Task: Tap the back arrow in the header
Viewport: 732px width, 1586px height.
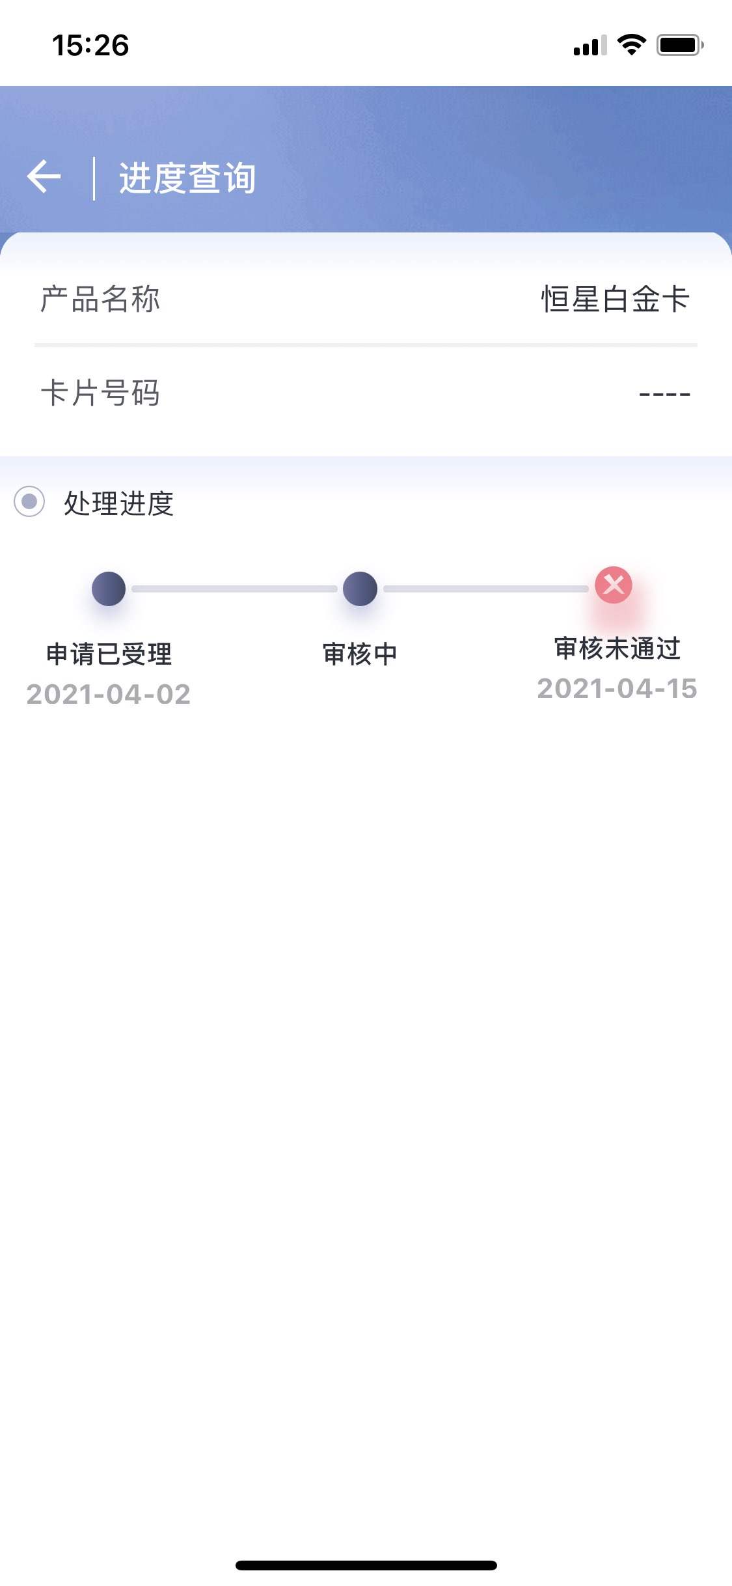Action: pyautogui.click(x=44, y=176)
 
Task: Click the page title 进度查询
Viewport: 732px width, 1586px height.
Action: pyautogui.click(x=187, y=178)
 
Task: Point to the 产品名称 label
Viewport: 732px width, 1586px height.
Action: pyautogui.click(x=100, y=299)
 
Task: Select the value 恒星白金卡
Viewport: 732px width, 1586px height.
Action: pyautogui.click(x=616, y=299)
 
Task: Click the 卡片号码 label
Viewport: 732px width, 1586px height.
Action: pyautogui.click(x=100, y=393)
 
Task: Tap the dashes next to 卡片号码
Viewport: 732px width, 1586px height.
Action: pyautogui.click(x=664, y=394)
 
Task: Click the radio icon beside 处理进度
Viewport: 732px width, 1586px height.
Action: pyautogui.click(x=29, y=501)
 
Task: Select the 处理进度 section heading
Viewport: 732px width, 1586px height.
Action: pyautogui.click(x=118, y=503)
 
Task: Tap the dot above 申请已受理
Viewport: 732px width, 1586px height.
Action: pyautogui.click(x=109, y=589)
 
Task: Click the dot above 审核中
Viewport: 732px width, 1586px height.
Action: pyautogui.click(x=360, y=589)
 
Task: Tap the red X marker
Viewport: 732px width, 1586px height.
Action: pyautogui.click(x=614, y=585)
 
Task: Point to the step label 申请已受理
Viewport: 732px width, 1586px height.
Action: pyautogui.click(x=109, y=654)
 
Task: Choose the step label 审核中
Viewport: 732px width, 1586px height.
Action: pyautogui.click(x=360, y=654)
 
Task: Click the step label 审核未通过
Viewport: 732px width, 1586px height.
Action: pyautogui.click(x=617, y=648)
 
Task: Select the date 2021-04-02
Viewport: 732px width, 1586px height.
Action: pyautogui.click(x=109, y=694)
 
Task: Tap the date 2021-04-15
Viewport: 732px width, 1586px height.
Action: pyautogui.click(x=617, y=688)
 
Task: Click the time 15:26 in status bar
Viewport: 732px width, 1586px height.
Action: pyautogui.click(x=90, y=45)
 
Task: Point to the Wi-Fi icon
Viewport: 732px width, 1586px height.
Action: pyautogui.click(x=631, y=44)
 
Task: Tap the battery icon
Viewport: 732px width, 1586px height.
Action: pyautogui.click(x=680, y=45)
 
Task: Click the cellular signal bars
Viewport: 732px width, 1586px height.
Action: pyautogui.click(x=590, y=45)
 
